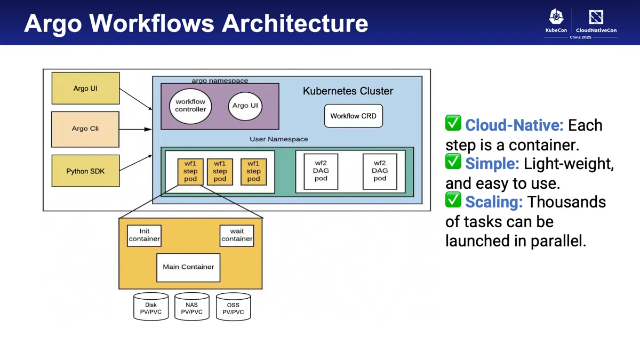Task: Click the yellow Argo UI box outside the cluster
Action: click(x=85, y=89)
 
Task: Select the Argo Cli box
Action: click(x=85, y=129)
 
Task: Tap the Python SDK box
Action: click(x=85, y=171)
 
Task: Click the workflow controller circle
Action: click(x=190, y=106)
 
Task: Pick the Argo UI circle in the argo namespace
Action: click(x=245, y=106)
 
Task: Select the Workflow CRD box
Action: click(x=353, y=116)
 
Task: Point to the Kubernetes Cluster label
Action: click(x=348, y=91)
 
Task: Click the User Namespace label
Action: click(x=278, y=139)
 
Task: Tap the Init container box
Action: click(x=144, y=235)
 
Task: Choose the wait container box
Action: click(x=237, y=235)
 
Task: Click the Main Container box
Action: click(x=188, y=267)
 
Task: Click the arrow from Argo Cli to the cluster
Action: click(x=135, y=129)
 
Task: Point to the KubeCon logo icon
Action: click(x=556, y=17)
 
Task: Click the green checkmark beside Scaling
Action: click(x=453, y=200)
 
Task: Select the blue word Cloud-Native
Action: click(x=514, y=125)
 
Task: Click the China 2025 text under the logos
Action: click(x=580, y=37)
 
